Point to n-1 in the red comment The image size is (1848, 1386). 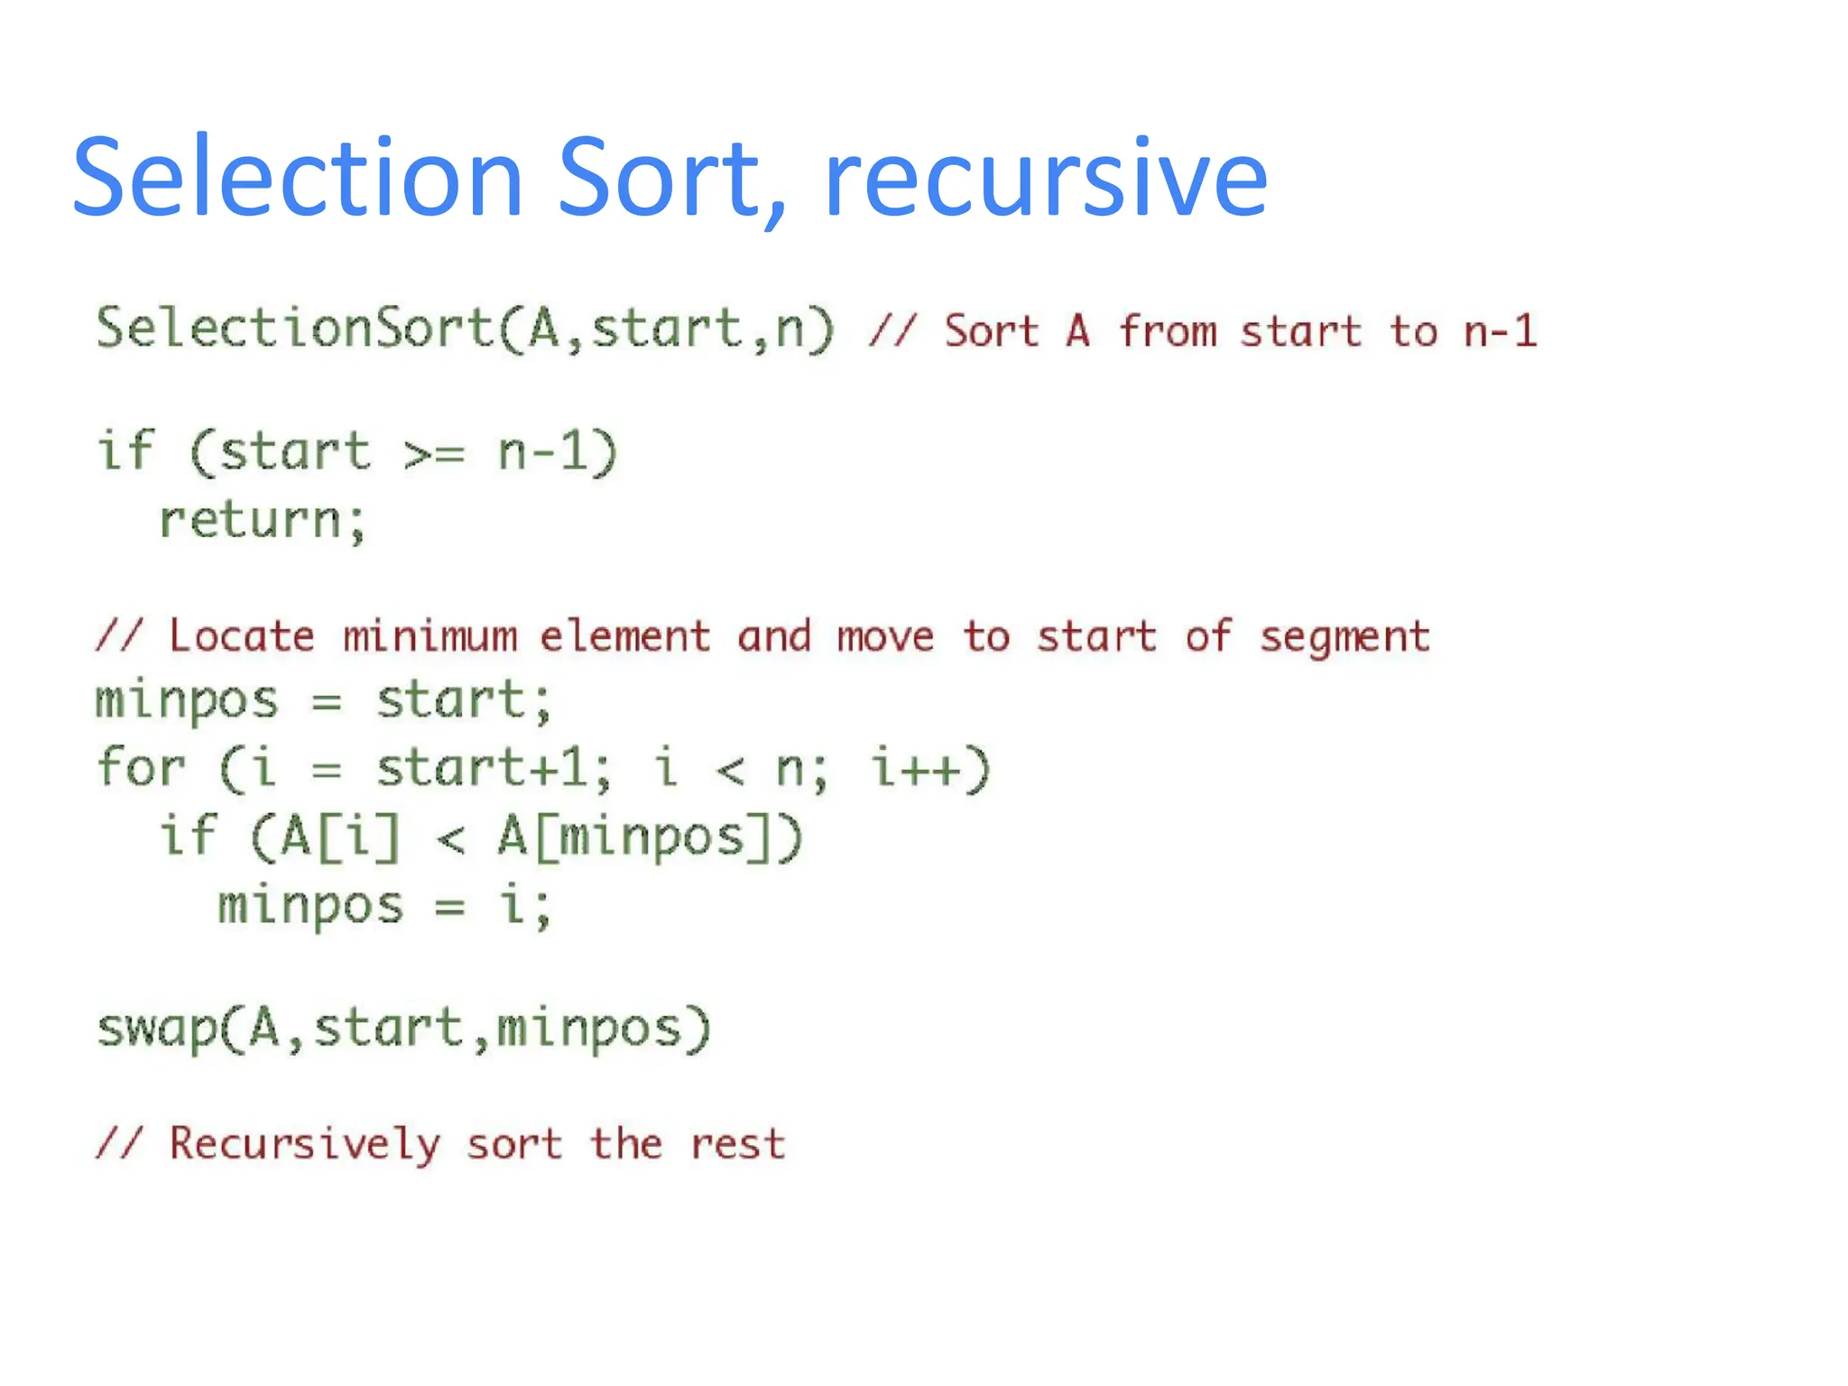click(1500, 331)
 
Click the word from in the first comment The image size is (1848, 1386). click(1169, 331)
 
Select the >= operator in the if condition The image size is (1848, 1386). click(434, 453)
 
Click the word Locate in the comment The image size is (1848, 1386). click(242, 637)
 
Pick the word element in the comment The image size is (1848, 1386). click(625, 637)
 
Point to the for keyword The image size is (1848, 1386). click(141, 769)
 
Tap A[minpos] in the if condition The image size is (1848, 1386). click(636, 837)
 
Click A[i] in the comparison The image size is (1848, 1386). click(339, 837)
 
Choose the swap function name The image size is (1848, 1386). click(157, 1030)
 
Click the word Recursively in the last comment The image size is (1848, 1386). click(305, 1145)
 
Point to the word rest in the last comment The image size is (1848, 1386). click(738, 1145)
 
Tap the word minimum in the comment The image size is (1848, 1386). click(430, 637)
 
